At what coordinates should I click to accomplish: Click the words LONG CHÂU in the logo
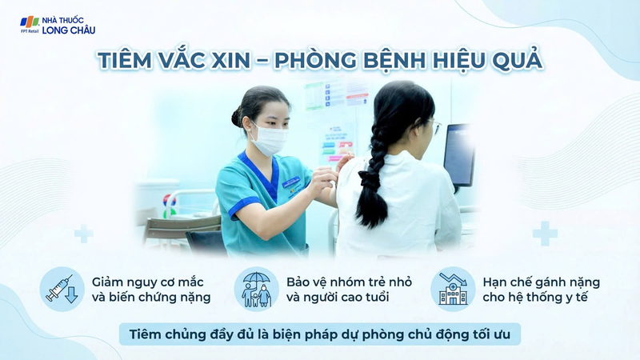(69, 30)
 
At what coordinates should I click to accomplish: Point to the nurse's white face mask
(268, 140)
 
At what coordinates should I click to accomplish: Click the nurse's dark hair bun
(237, 118)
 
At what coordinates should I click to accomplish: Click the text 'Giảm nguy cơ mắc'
(147, 282)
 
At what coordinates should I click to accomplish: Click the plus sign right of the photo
(545, 234)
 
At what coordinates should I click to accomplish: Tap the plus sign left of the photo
(83, 234)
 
